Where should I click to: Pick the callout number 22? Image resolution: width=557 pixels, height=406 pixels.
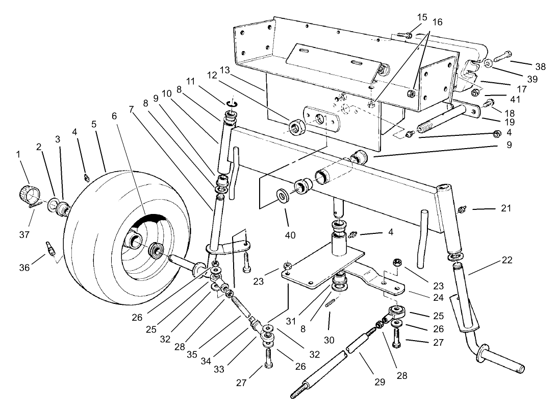point(506,259)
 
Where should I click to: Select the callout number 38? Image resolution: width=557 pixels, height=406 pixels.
point(540,66)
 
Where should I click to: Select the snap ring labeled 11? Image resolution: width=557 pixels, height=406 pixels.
point(231,105)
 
